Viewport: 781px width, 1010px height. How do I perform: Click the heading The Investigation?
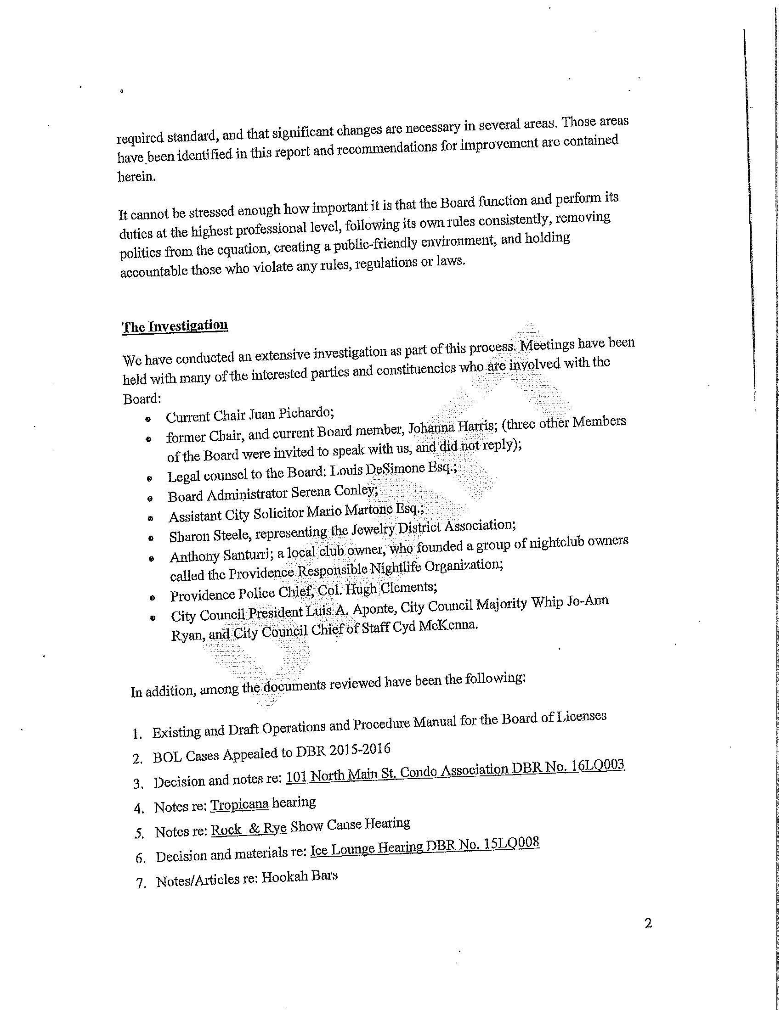(x=175, y=326)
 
